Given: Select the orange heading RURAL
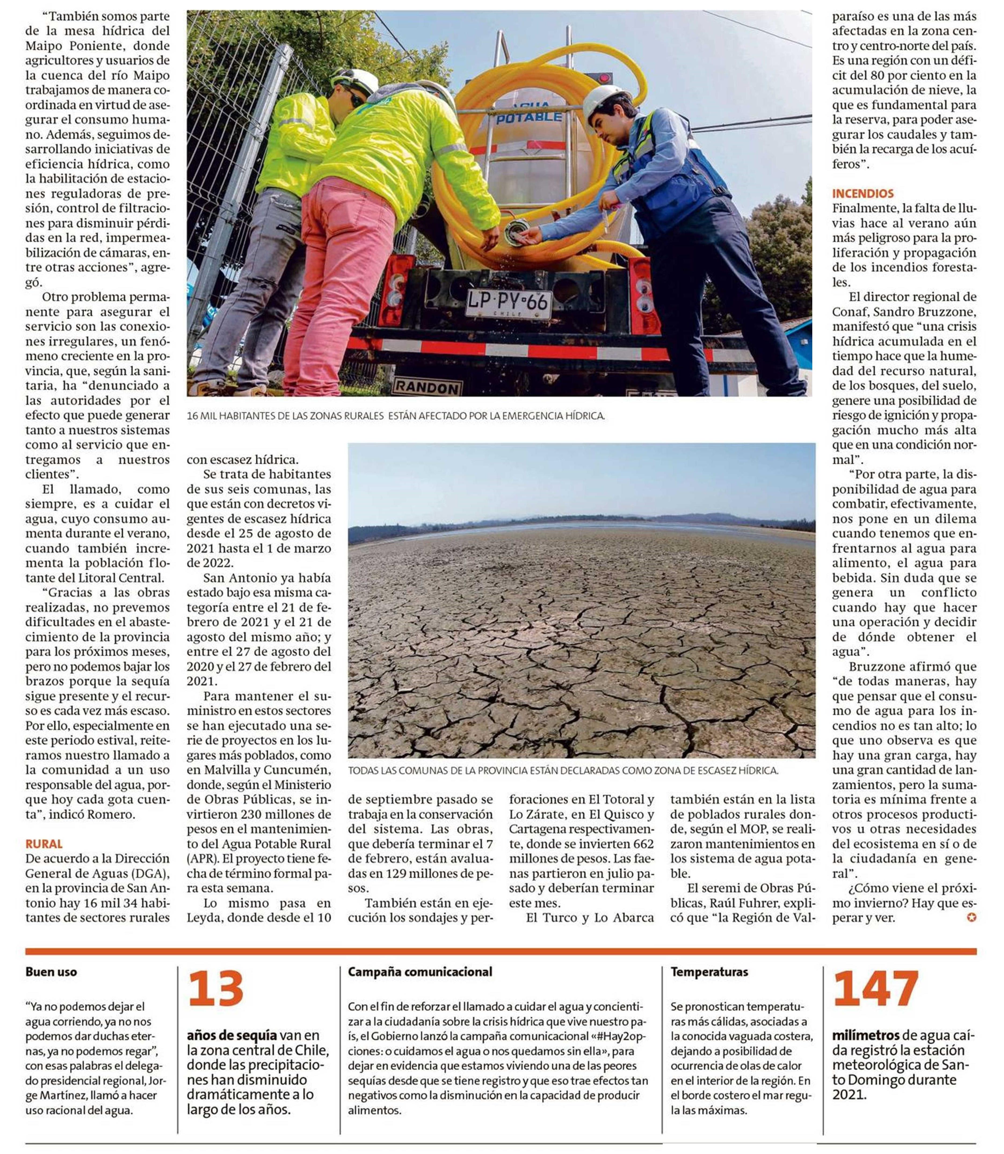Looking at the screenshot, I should [x=44, y=843].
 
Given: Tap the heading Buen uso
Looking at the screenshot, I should [x=51, y=972].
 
